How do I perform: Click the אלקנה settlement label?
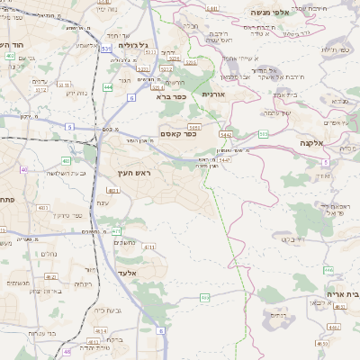click(x=312, y=143)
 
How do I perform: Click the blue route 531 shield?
click(x=106, y=48)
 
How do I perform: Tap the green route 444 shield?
click(x=107, y=87)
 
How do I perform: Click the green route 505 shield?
click(x=263, y=134)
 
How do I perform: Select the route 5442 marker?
click(x=226, y=134)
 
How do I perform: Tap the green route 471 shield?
click(x=116, y=231)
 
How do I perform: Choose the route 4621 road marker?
click(x=113, y=192)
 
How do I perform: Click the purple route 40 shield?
click(x=23, y=169)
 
